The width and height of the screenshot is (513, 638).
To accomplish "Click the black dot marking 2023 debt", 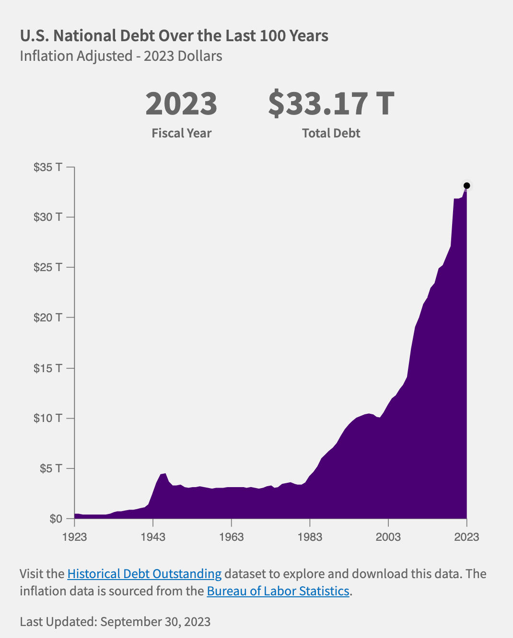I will pyautogui.click(x=466, y=185).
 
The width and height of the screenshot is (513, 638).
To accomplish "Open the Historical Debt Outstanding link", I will pyautogui.click(x=144, y=574).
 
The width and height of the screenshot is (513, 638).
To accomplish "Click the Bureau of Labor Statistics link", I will pyautogui.click(x=278, y=591).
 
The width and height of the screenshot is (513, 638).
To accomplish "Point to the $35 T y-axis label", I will pyautogui.click(x=47, y=167).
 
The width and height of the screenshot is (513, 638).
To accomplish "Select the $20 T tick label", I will pyautogui.click(x=47, y=318).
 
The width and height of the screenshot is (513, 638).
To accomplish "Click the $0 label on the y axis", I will pyautogui.click(x=56, y=519).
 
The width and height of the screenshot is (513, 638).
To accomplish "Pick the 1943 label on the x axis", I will pyautogui.click(x=153, y=536).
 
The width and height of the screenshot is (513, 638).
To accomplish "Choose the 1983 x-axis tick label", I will pyautogui.click(x=310, y=536).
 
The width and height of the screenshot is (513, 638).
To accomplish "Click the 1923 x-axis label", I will pyautogui.click(x=75, y=536).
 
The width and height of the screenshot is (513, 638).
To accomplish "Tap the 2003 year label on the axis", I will pyautogui.click(x=388, y=536).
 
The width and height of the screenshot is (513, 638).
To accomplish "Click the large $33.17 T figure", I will pyautogui.click(x=331, y=103).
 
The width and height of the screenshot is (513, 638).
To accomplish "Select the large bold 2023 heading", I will pyautogui.click(x=181, y=104).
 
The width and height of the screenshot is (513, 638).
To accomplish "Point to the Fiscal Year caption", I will pyautogui.click(x=181, y=133).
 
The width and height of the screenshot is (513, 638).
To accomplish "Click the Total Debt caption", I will pyautogui.click(x=331, y=133).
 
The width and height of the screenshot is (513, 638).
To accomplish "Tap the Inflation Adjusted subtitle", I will pyautogui.click(x=121, y=56).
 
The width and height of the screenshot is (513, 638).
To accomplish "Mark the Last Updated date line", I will pyautogui.click(x=115, y=622).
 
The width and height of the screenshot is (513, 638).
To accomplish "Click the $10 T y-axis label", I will pyautogui.click(x=47, y=418).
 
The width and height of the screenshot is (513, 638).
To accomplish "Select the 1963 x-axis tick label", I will pyautogui.click(x=232, y=536).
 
